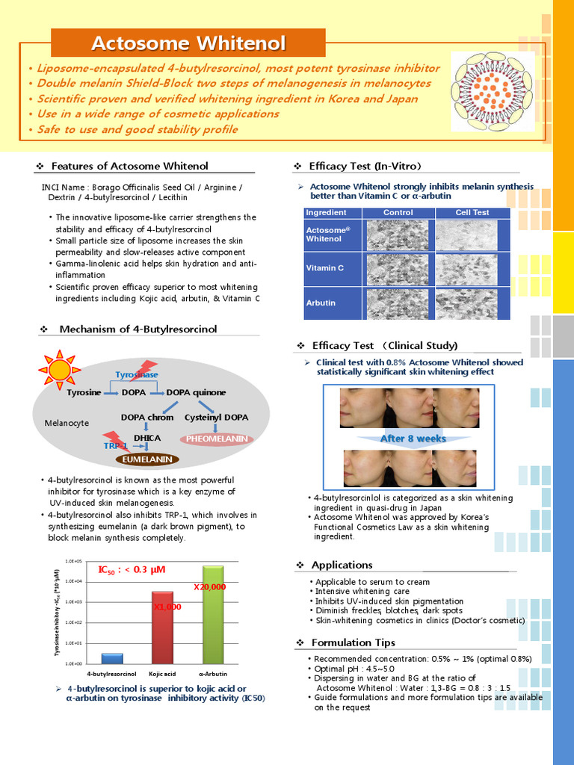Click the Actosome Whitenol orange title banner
point(188,43)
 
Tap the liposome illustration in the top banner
point(493,91)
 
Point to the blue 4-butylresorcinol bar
point(112,658)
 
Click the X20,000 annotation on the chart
point(209,587)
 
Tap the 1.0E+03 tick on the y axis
point(74,601)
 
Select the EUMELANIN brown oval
point(147,459)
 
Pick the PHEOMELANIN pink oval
point(216,439)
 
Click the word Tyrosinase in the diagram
point(137,374)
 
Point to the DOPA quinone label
point(196,392)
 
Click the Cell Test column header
point(472,213)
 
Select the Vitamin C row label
point(324,267)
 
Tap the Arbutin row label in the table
point(321,303)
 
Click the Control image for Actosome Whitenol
point(397,235)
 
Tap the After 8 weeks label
point(413,439)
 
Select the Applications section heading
point(342,565)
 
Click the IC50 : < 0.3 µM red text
point(132,570)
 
